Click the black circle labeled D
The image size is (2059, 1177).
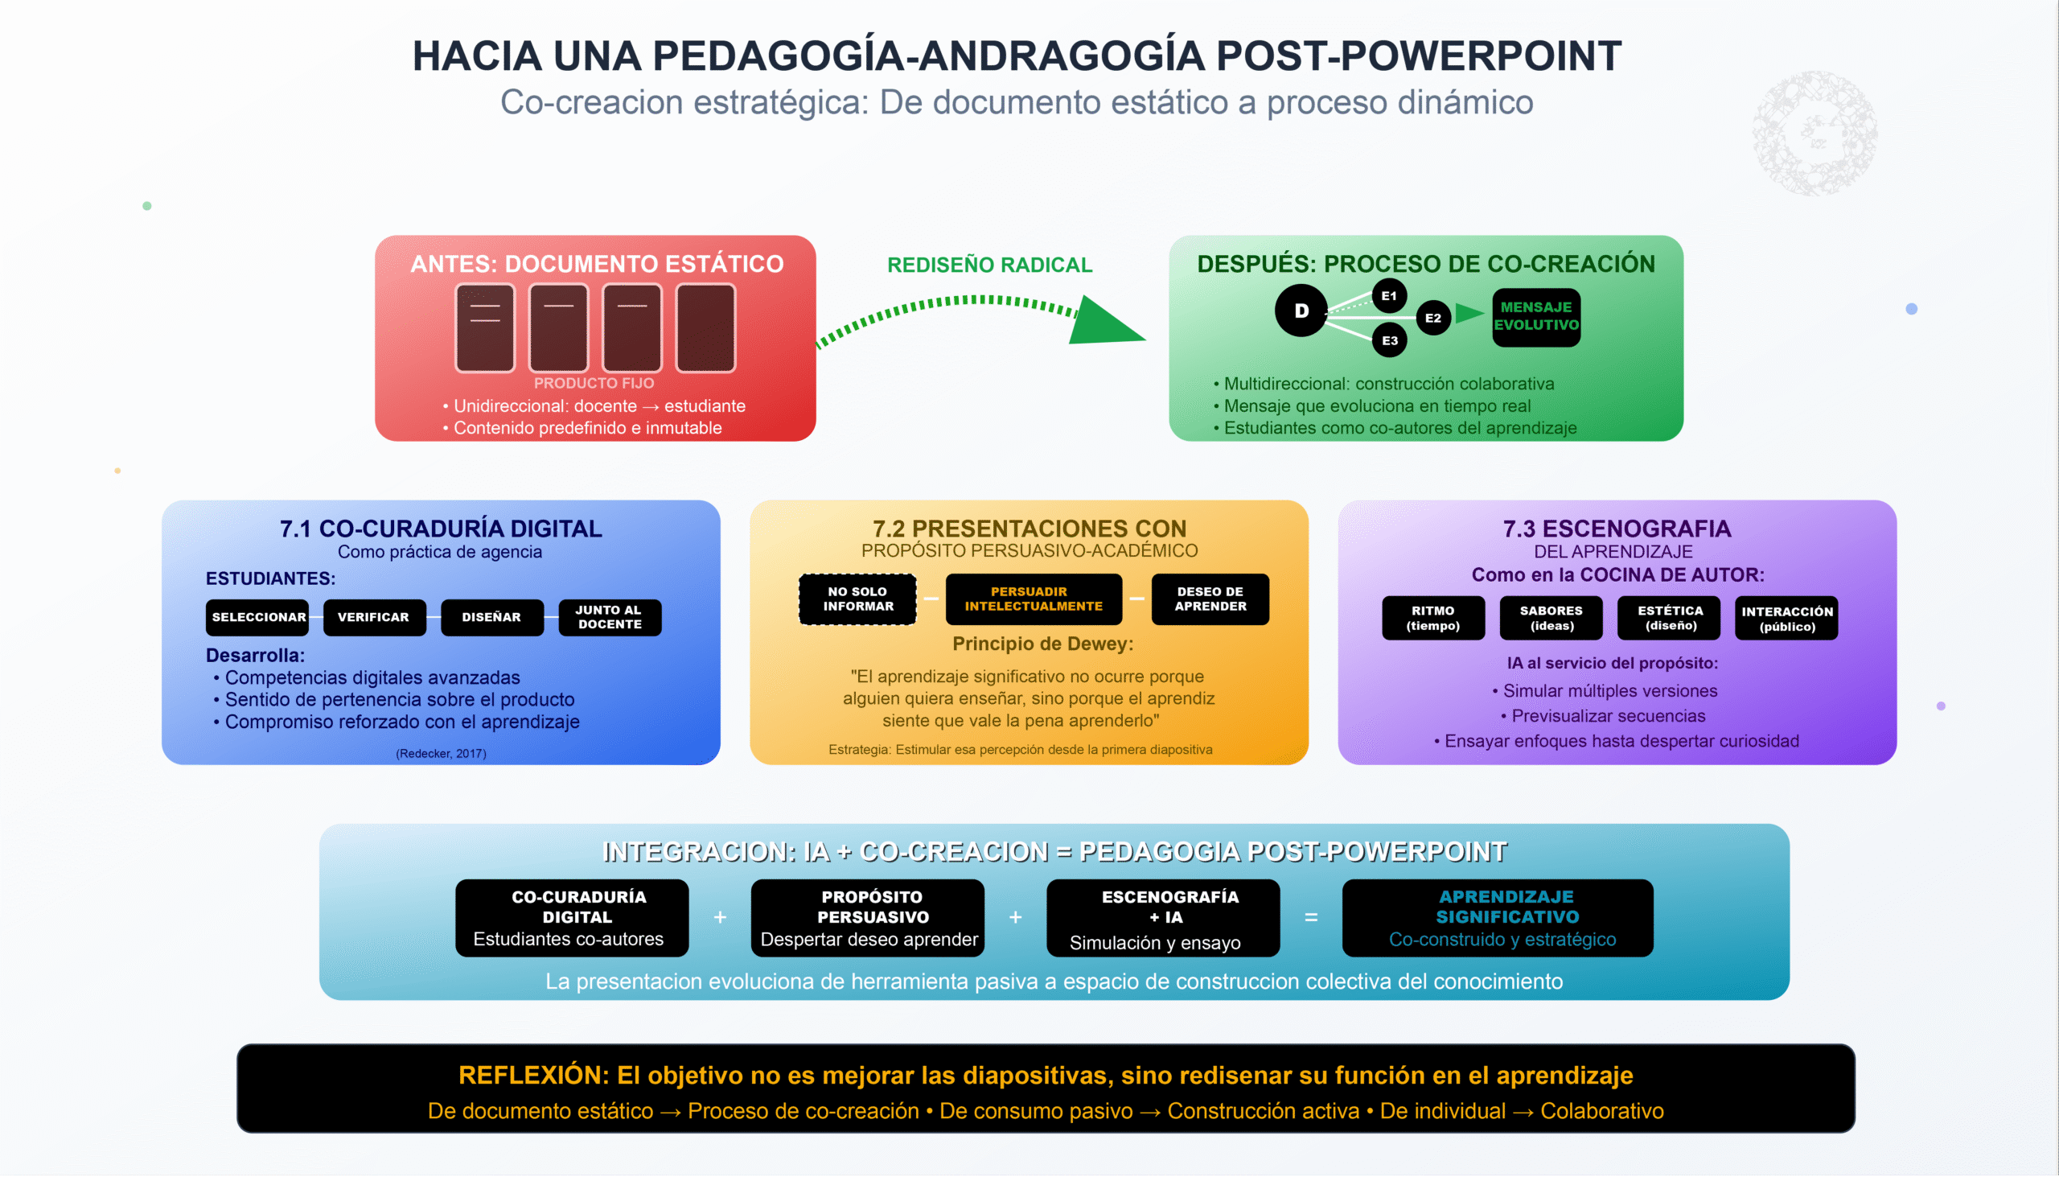pos(1301,311)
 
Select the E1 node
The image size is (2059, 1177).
pos(1389,296)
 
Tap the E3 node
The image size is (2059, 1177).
pos(1390,340)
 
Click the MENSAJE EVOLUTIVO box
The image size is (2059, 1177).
pos(1536,317)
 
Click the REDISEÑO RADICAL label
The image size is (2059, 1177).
pos(990,265)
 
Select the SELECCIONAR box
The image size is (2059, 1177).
pos(258,618)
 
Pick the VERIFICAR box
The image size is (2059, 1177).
pos(374,618)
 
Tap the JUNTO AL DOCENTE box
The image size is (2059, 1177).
pos(610,618)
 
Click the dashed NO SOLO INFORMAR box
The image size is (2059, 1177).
pos(857,599)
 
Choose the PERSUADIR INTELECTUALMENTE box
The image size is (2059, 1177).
pos(1034,599)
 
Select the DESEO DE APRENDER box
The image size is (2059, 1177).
pos(1210,599)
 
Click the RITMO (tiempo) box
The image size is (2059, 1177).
pos(1432,619)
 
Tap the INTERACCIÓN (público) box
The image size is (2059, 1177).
pos(1786,619)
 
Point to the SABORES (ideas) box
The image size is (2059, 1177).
pos(1551,619)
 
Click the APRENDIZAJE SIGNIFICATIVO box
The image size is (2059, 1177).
pos(1498,918)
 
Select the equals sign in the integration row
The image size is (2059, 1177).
pos(1311,917)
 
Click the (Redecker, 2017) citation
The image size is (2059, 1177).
pos(442,753)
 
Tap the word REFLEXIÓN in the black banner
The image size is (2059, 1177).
pos(533,1075)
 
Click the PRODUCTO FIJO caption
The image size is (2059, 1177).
pos(594,383)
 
